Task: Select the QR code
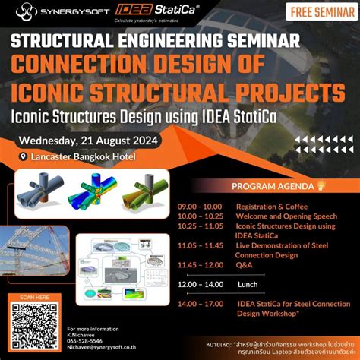click(x=36, y=324)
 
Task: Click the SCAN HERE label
click(x=36, y=296)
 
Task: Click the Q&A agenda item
click(x=245, y=265)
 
